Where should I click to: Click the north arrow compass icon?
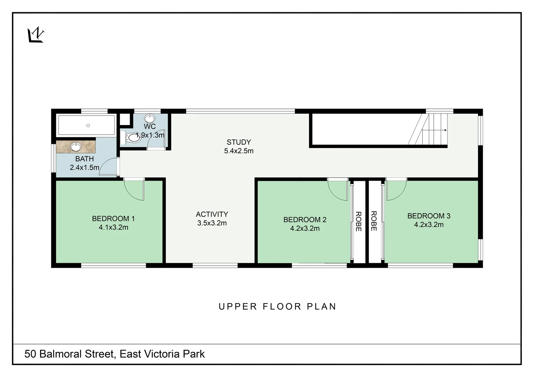coord(36,36)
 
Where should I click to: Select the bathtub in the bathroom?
coord(86,125)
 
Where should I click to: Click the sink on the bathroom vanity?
coord(76,147)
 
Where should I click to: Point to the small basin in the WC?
coord(150,118)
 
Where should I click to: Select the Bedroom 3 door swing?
coord(396,190)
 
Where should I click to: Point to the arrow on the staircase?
coord(434,130)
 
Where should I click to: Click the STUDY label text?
coord(239,142)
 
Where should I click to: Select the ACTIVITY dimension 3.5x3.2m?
coord(212,223)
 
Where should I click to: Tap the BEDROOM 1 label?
coord(113,219)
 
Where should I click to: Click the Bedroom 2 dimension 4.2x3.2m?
coord(305,228)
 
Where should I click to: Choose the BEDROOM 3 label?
coord(428,216)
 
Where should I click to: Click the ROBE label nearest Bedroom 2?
coord(359,221)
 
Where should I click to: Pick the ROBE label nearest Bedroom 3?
coord(374,221)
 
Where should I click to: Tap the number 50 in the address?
coord(30,354)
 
